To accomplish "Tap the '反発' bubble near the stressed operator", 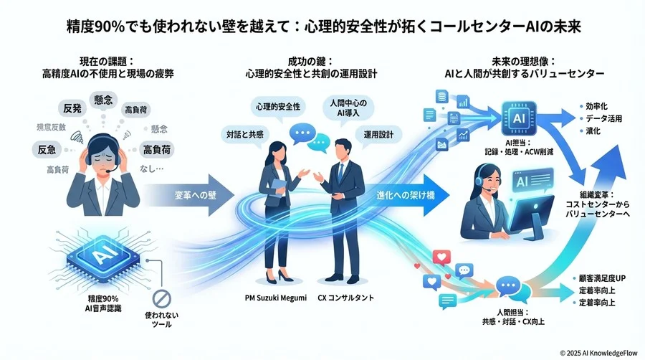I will pos(72,108).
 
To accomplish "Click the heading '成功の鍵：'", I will pos(321,61).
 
